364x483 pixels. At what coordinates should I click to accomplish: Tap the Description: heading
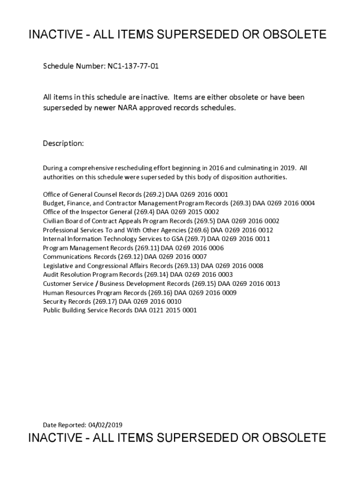tap(63, 143)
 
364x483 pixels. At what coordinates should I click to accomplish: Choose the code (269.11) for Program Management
tap(147, 248)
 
